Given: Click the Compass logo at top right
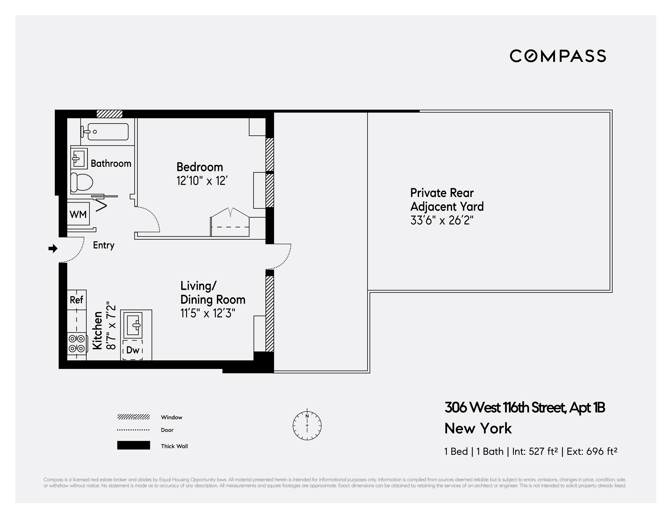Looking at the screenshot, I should pos(558,56).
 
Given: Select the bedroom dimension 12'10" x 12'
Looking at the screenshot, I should pos(202,181).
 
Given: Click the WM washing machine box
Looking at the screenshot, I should pos(78,214).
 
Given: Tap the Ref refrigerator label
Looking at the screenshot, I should pos(76,300).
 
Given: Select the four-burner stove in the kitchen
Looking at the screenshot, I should pos(77,343).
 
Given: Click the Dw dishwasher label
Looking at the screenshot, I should pos(133,350).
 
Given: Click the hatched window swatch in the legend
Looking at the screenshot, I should pos(133,417).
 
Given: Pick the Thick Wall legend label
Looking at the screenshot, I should pos(174,446).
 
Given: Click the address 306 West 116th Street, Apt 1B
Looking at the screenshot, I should pos(525,408).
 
